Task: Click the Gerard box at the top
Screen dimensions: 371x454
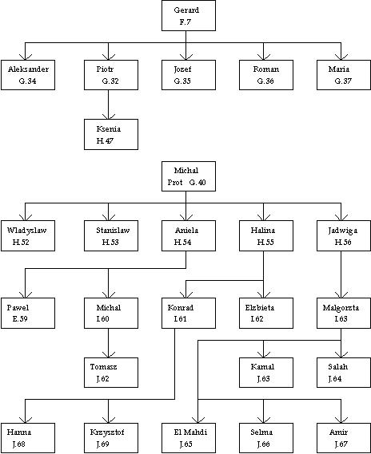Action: [x=189, y=16]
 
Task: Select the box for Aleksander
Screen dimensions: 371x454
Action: [x=28, y=75]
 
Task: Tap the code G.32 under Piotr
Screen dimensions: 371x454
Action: [x=110, y=81]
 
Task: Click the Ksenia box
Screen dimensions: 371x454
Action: [x=111, y=134]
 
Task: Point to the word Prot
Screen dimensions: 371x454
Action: [x=175, y=183]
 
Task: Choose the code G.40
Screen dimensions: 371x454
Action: [x=197, y=183]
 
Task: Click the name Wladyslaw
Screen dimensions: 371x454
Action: [x=26, y=231]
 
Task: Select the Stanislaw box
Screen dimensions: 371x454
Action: [x=111, y=235]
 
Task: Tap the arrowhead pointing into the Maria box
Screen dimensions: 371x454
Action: [x=341, y=57]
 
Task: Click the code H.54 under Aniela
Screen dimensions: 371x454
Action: [x=182, y=242]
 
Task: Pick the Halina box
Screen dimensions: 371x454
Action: [x=266, y=235]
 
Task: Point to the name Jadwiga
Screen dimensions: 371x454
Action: [x=342, y=231]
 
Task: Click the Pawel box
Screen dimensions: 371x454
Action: [x=28, y=313]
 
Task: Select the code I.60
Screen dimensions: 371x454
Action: [x=102, y=319]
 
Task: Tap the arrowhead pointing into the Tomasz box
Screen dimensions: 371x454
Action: [x=109, y=354]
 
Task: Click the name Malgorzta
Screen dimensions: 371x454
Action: [x=341, y=307]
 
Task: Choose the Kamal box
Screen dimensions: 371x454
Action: [x=266, y=373]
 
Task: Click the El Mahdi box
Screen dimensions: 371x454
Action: [x=189, y=438]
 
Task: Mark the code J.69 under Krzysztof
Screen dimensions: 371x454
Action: [x=102, y=444]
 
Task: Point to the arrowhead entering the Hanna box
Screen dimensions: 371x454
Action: [x=26, y=420]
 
